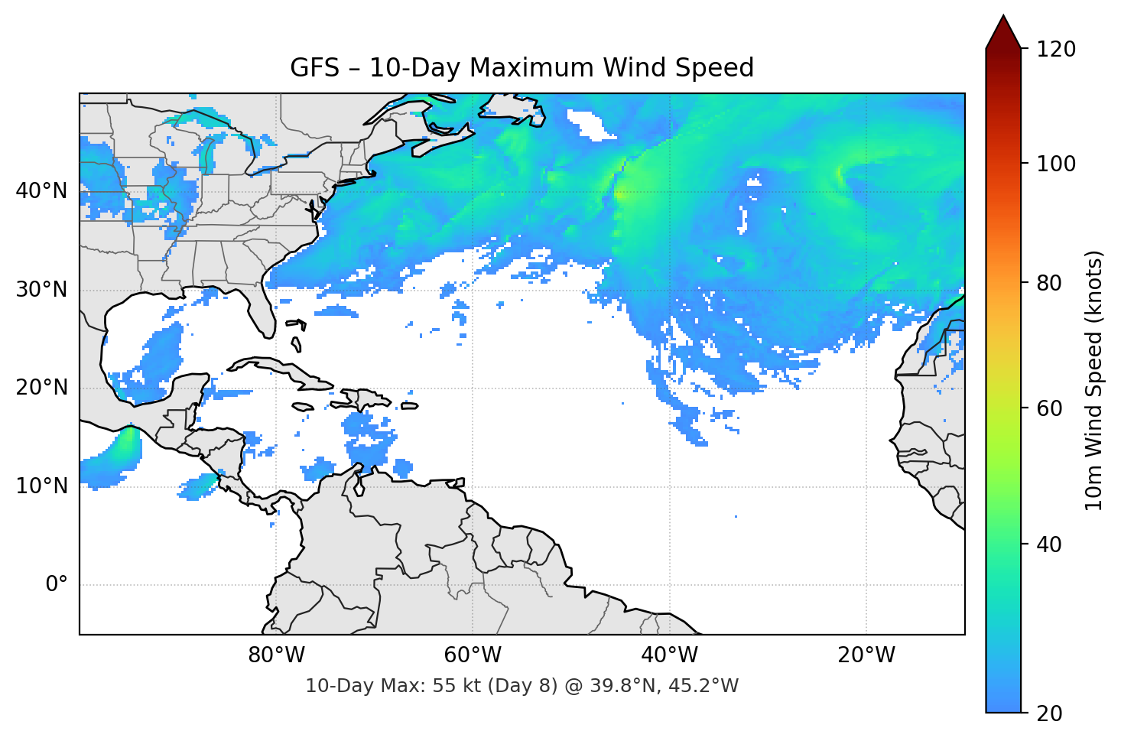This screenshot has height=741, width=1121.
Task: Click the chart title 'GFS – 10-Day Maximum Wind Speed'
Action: coord(522,68)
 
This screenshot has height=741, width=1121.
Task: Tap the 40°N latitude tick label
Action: coord(41,191)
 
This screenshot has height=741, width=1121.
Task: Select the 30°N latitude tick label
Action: coord(41,290)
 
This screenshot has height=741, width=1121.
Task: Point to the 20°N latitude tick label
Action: coord(41,388)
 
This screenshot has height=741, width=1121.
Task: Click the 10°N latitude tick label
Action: coord(41,486)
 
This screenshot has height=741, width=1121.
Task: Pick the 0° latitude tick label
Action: coord(57,585)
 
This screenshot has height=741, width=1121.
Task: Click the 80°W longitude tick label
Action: coord(276,655)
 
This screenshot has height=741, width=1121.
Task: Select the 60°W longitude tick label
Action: coord(473,655)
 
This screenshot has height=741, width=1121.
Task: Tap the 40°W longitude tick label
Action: coord(669,655)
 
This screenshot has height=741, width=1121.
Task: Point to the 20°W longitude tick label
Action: coord(866,655)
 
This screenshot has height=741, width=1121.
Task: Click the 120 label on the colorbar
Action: coord(1056,49)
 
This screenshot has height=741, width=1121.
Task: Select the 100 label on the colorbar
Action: coord(1056,164)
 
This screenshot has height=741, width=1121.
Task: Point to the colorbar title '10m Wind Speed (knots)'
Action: coord(1094,380)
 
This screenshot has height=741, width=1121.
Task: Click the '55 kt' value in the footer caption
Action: coord(455,686)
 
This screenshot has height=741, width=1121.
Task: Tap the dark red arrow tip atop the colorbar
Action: coord(1003,31)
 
